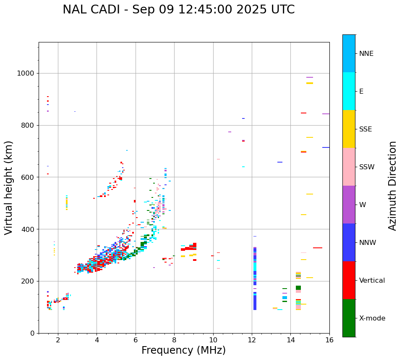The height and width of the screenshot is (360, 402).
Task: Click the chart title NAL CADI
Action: point(178,10)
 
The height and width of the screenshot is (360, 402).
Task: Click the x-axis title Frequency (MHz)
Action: point(183,350)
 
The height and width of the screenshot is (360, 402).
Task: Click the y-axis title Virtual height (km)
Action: point(9,188)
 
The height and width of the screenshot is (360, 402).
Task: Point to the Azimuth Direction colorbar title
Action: point(392,186)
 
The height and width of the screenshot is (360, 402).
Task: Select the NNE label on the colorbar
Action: point(366,54)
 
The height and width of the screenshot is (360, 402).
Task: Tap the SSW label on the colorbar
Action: point(366,167)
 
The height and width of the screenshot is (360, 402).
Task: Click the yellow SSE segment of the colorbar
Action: point(349,129)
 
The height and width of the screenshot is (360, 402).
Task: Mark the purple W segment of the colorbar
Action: point(349,205)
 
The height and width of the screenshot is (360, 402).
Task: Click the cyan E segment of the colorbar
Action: point(349,91)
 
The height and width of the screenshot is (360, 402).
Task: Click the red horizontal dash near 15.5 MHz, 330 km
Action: point(318,248)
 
